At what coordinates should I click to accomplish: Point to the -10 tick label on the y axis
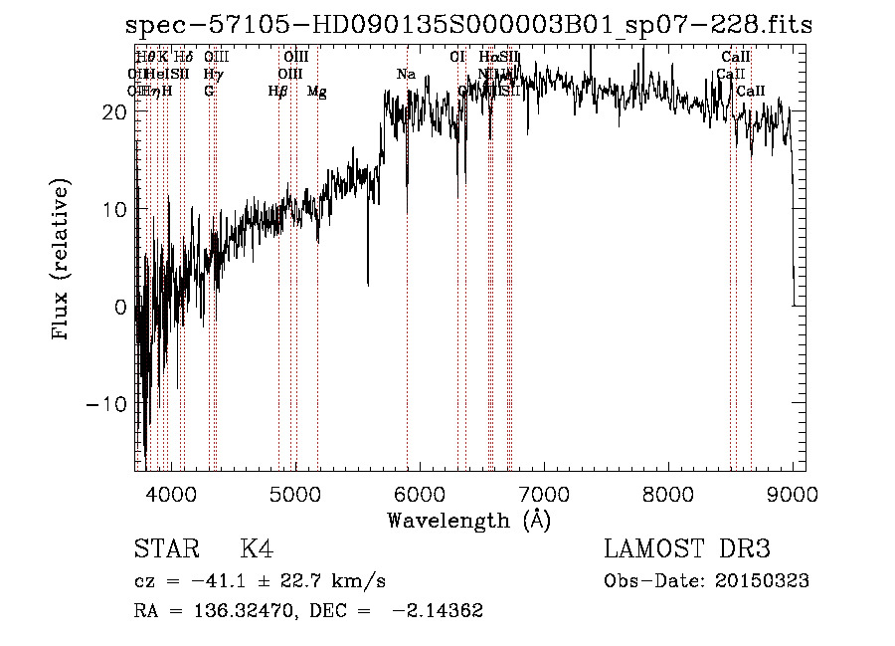click(107, 404)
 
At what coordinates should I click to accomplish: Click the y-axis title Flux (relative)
click(62, 261)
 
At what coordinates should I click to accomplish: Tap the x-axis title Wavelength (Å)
click(468, 520)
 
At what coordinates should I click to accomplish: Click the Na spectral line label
click(406, 75)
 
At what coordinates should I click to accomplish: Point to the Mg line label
click(316, 92)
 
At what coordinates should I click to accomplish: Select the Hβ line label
click(277, 92)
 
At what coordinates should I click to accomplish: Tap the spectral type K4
click(256, 550)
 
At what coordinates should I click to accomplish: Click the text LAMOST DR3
click(687, 550)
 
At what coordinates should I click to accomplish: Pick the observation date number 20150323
click(759, 581)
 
